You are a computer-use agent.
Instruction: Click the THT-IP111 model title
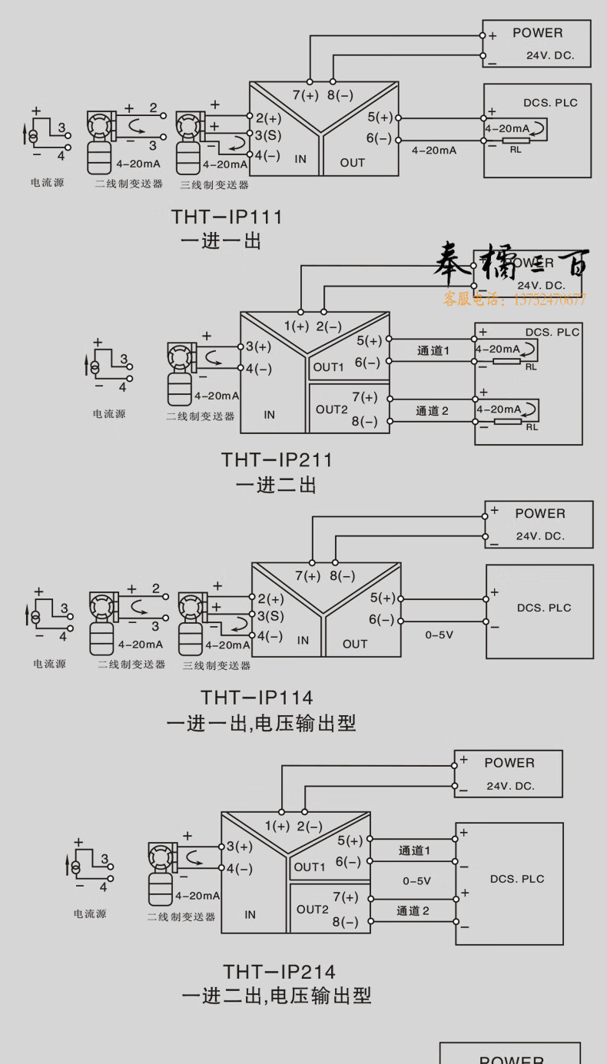pyautogui.click(x=227, y=217)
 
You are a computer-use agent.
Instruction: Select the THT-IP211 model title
pyautogui.click(x=277, y=459)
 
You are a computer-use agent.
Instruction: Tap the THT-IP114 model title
pyautogui.click(x=257, y=697)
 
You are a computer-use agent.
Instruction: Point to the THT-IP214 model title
pyautogui.click(x=279, y=972)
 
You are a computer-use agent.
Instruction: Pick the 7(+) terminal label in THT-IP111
pyautogui.click(x=305, y=95)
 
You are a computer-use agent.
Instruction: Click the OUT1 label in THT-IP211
pyautogui.click(x=328, y=367)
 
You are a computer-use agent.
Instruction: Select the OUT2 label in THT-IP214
pyautogui.click(x=313, y=909)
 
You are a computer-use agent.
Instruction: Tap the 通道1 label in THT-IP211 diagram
pyautogui.click(x=433, y=350)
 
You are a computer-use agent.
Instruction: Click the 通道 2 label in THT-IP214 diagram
pyautogui.click(x=413, y=910)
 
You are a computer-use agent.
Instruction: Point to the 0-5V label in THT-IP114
pyautogui.click(x=439, y=635)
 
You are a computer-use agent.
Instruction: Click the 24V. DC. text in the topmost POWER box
pyautogui.click(x=550, y=56)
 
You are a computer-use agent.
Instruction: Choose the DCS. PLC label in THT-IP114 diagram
pyautogui.click(x=544, y=608)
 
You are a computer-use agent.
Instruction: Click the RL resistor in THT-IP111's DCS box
pyautogui.click(x=515, y=141)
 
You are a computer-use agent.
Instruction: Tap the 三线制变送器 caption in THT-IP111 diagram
pyautogui.click(x=214, y=184)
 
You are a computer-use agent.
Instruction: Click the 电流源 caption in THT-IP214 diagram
pyautogui.click(x=90, y=913)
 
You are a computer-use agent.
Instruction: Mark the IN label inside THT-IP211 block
pyautogui.click(x=269, y=415)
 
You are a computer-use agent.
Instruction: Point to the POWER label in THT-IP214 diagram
pyautogui.click(x=509, y=763)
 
